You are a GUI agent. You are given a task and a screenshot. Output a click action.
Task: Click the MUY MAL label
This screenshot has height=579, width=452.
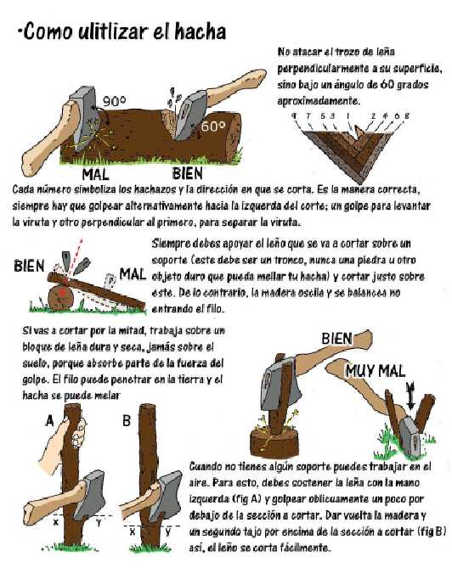376,371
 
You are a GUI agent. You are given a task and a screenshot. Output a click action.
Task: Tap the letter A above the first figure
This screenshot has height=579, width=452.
48,419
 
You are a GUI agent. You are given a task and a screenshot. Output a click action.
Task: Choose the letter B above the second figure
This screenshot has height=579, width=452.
127,419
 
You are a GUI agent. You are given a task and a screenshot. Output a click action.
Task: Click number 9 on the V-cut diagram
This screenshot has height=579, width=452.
294,116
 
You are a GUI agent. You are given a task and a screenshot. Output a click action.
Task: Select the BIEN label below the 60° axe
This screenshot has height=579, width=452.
181,173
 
